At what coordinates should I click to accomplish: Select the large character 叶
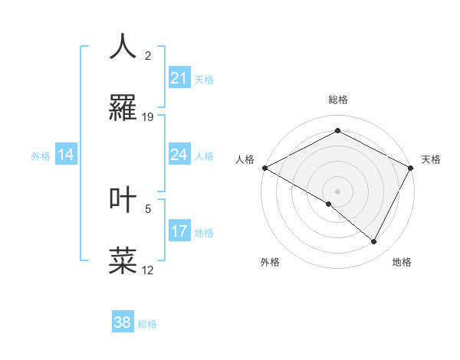123,198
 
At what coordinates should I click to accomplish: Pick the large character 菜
123,260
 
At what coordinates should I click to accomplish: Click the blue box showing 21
179,77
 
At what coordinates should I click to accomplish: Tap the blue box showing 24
179,155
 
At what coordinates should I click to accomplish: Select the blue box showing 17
179,231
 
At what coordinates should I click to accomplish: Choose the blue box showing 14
66,155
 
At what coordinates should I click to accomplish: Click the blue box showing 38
123,322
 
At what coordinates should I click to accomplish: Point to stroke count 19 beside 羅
148,117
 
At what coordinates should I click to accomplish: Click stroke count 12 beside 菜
148,270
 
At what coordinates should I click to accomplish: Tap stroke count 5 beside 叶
148,208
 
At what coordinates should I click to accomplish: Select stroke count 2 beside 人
148,55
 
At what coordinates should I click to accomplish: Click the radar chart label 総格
337,100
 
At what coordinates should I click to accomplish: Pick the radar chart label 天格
431,159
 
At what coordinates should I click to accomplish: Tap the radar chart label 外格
270,262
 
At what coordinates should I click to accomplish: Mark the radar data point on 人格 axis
264,168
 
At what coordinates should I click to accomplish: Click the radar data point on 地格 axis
374,242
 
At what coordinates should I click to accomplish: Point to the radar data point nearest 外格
329,204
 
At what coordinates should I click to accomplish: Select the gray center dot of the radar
337,191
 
